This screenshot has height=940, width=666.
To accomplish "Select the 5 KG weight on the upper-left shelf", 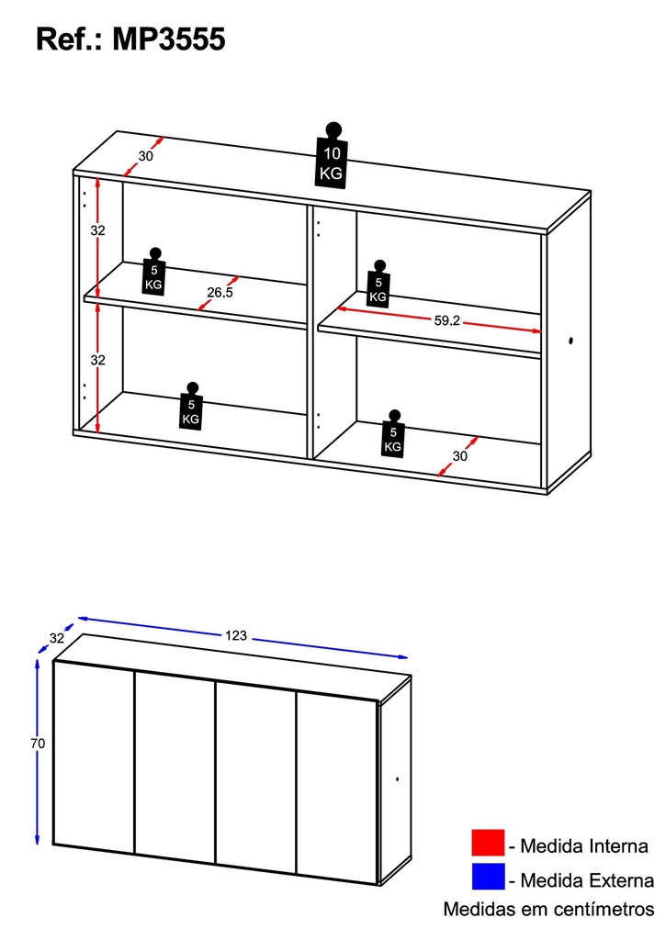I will (x=154, y=272).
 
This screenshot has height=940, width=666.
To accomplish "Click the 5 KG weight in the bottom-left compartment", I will (x=190, y=407).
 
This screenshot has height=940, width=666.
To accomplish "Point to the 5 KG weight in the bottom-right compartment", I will (x=393, y=434).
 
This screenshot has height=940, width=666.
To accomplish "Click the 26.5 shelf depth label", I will (x=219, y=293).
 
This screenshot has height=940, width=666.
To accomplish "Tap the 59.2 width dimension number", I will (x=446, y=320).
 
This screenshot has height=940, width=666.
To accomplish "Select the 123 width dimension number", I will (x=237, y=635).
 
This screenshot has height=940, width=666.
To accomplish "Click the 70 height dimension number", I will (x=38, y=744).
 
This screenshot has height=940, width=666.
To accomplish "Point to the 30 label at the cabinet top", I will (x=146, y=155).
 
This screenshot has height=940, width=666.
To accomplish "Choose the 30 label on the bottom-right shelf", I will (x=461, y=455).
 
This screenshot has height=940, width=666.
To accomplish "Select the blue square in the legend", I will (x=488, y=877).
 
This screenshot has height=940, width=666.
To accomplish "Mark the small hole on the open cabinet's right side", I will (x=571, y=342).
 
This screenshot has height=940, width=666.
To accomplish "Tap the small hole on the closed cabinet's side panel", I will (x=397, y=779).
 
